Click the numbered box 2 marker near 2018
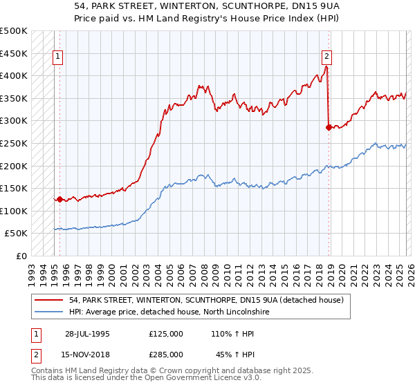tap(326, 57)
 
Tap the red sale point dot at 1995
tap(60, 200)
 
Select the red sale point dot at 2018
tap(329, 127)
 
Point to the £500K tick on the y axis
tap(14, 31)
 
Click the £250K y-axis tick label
tap(14, 143)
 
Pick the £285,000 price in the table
tap(166, 354)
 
